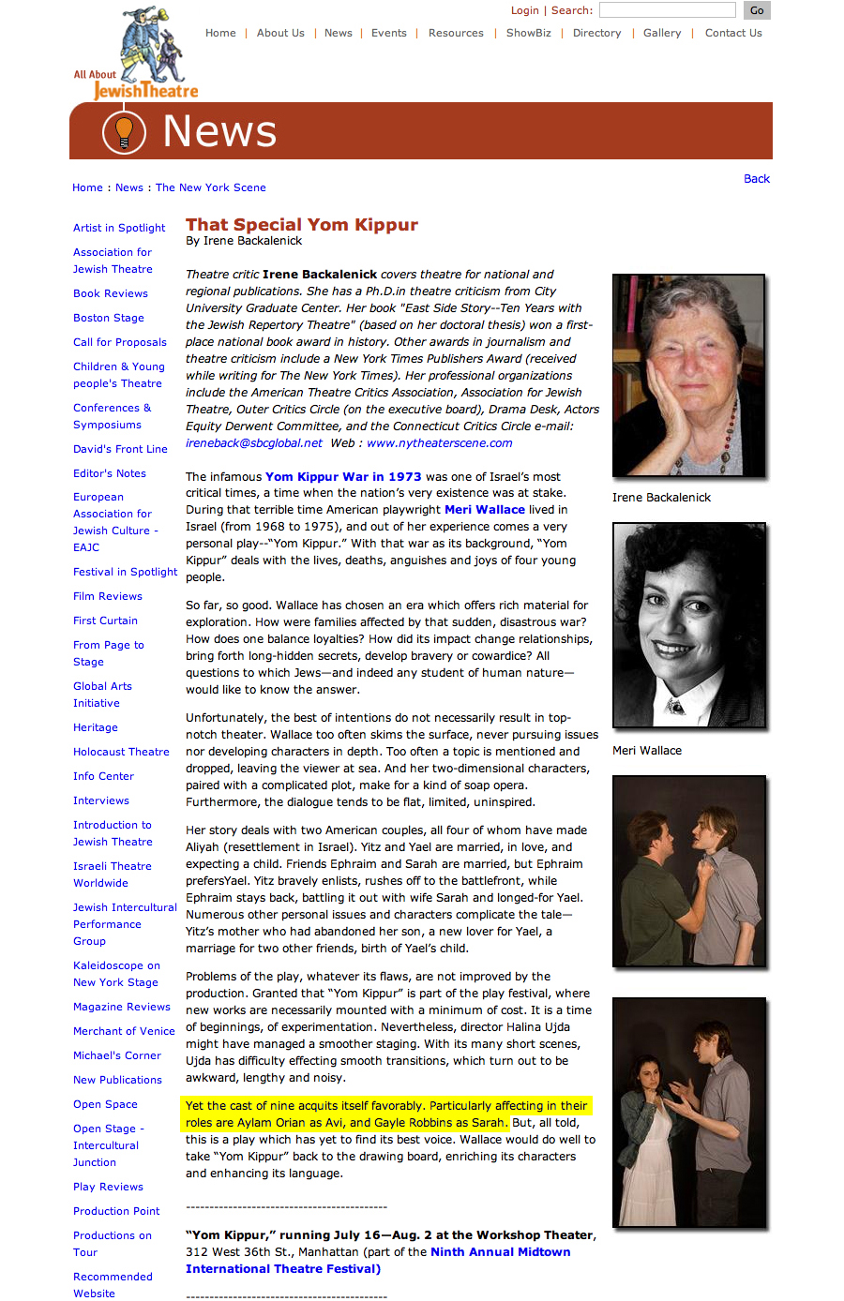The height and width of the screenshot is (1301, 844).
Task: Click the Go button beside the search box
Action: pos(757,10)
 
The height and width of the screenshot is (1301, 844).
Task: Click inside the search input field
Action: pos(667,10)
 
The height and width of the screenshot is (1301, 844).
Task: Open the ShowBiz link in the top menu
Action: pos(528,33)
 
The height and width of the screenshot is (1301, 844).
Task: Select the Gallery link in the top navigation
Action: pos(662,33)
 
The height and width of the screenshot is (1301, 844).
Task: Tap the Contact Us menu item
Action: pos(733,33)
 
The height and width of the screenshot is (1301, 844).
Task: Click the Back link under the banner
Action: pos(756,179)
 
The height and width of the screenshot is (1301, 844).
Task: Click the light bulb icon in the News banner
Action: pos(124,131)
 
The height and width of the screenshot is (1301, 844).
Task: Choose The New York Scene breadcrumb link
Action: pos(210,187)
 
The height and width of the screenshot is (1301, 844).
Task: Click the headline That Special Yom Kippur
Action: pos(302,225)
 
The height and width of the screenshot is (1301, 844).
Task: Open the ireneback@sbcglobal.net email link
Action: pos(253,443)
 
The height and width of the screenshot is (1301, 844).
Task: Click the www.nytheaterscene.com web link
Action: pos(439,443)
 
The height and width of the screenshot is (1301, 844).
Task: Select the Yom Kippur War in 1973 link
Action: pos(343,477)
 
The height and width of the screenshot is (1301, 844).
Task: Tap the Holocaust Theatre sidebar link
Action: pos(121,752)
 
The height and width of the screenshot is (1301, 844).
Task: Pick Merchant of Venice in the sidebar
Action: pos(124,1031)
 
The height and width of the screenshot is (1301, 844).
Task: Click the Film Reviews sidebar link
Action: pos(108,596)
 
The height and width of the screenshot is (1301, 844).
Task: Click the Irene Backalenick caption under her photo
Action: pos(661,498)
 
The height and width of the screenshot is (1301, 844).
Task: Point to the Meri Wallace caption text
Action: pos(647,751)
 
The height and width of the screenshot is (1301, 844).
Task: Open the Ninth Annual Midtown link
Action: pos(500,1252)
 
